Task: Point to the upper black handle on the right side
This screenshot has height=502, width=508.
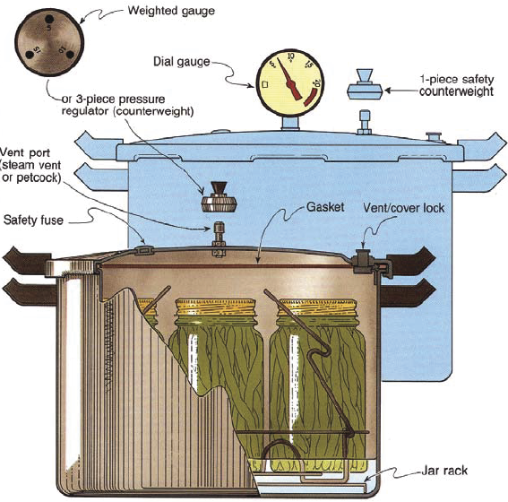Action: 415,259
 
